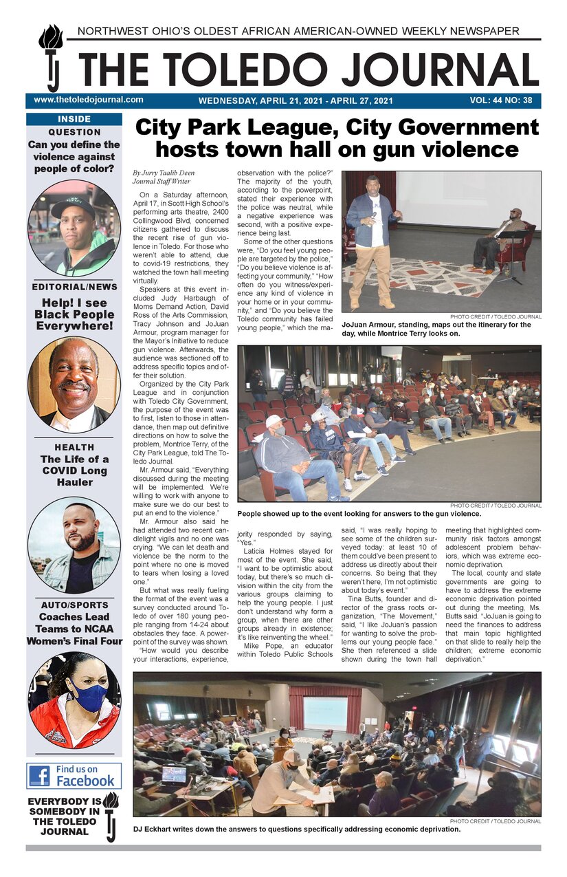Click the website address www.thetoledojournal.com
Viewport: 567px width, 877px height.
tap(88, 100)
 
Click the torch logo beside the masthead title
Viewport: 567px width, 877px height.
tap(51, 58)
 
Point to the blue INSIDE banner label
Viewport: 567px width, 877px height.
tap(74, 119)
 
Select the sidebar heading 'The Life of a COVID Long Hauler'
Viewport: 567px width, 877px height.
tap(74, 470)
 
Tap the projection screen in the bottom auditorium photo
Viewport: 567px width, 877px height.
tap(325, 713)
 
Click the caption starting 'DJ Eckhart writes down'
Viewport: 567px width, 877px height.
tap(297, 829)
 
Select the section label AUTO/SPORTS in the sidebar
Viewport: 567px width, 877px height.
tap(74, 605)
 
